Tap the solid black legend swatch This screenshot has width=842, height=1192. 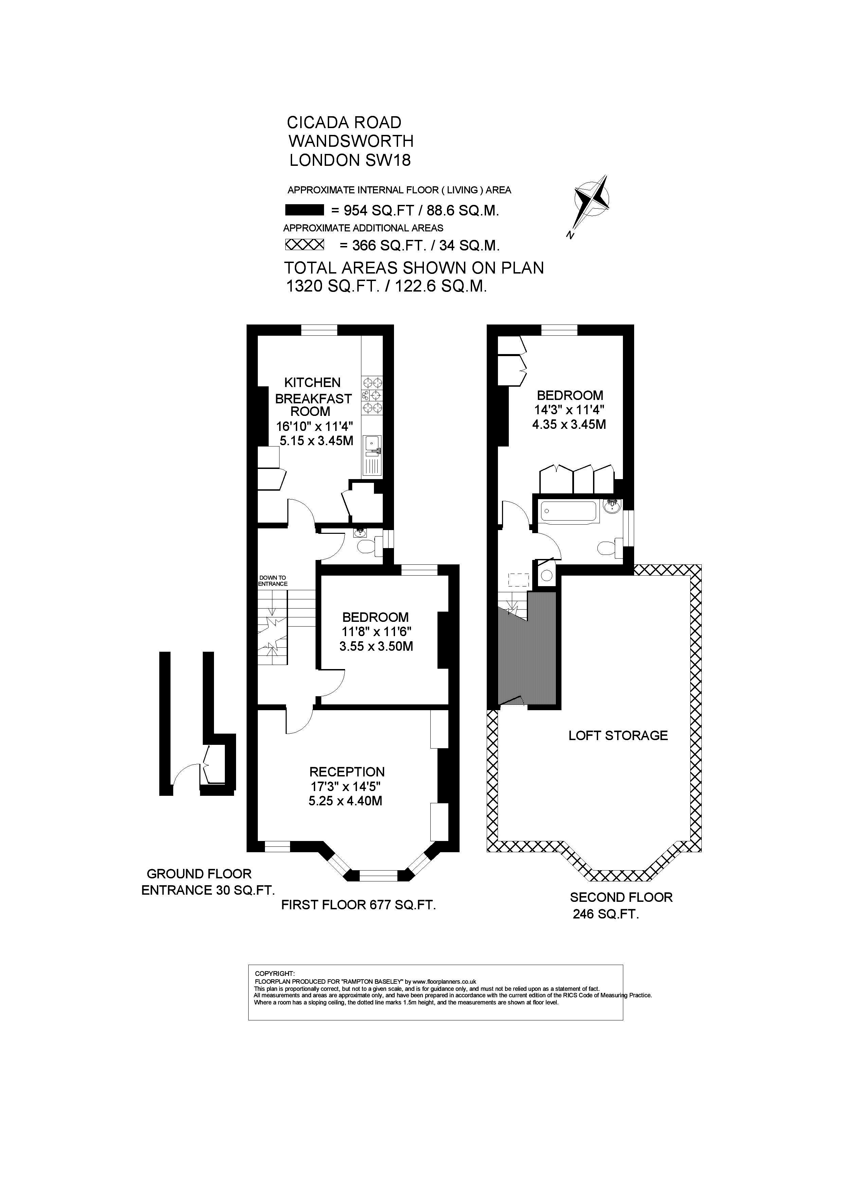coord(305,210)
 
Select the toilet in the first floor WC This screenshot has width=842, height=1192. coord(368,546)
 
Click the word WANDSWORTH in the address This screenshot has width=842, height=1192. coord(351,141)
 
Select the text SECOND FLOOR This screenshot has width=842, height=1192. coord(621,897)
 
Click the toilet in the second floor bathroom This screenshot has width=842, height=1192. coord(610,548)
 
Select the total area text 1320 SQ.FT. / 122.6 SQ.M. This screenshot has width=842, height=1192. coord(387,286)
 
